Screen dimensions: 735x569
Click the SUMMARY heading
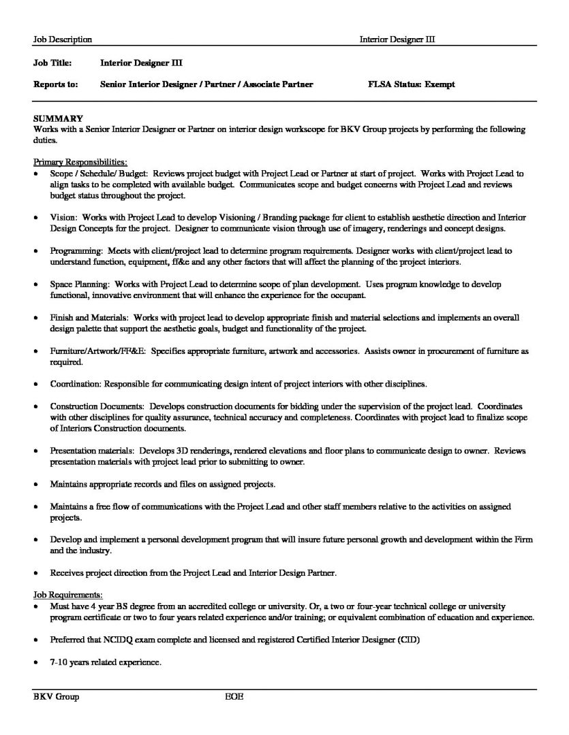pos(58,118)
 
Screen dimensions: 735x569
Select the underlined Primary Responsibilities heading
pos(80,162)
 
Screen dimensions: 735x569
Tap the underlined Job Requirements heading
pos(68,595)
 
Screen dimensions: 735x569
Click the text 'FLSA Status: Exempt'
pos(410,85)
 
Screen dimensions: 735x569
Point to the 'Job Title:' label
pos(52,63)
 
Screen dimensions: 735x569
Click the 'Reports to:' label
pos(55,85)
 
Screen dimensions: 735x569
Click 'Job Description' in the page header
pos(63,40)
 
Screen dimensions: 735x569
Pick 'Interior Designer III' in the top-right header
pos(397,40)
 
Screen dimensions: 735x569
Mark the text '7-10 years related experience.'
pos(106,661)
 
